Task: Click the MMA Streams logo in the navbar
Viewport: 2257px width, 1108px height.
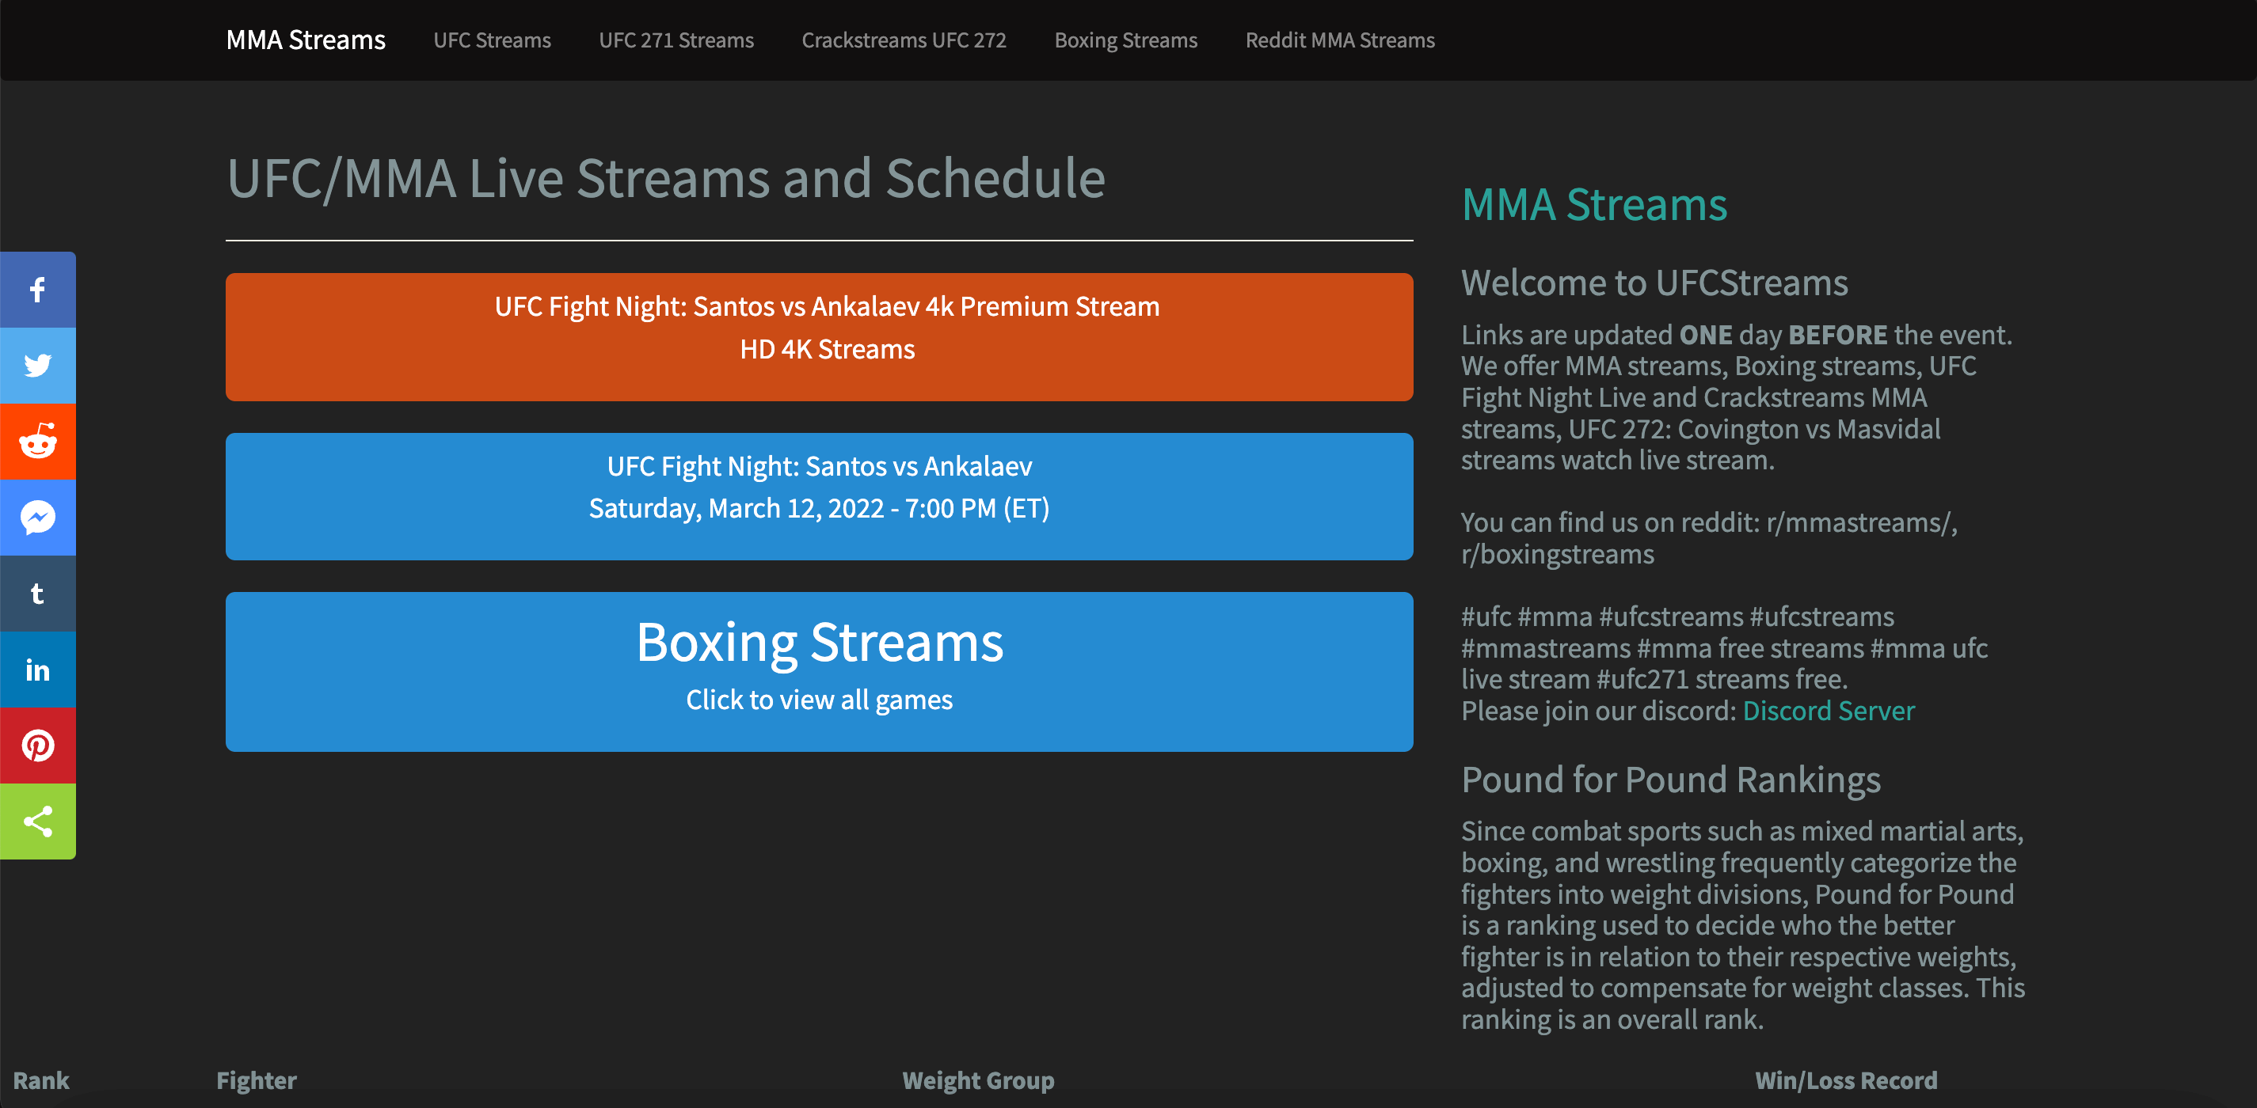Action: [305, 40]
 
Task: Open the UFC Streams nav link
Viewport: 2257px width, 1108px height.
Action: [492, 40]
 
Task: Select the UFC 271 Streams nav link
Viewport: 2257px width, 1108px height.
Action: [676, 40]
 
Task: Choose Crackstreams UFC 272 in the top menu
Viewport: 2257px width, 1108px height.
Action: [904, 40]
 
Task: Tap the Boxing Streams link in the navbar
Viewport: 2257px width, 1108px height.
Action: [1125, 40]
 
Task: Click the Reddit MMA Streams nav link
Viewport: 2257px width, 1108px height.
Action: [1340, 40]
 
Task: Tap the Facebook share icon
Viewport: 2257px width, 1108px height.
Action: [38, 290]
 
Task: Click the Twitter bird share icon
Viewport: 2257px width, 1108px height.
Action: [38, 366]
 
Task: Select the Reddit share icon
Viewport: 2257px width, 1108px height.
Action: [38, 442]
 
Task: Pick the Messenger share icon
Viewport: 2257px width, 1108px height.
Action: [38, 518]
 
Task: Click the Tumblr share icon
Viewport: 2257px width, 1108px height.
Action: [38, 594]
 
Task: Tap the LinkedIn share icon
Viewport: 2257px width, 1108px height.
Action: [38, 670]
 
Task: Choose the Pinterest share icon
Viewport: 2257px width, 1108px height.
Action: [38, 746]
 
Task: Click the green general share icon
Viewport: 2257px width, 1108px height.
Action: [38, 822]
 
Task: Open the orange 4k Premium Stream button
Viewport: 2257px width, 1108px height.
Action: [818, 336]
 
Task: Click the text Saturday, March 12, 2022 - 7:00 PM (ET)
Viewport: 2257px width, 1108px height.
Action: [818, 508]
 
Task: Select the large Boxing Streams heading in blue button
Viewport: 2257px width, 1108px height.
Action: [818, 642]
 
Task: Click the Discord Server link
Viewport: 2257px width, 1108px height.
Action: [1828, 711]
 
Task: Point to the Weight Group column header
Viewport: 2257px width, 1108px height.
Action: [978, 1080]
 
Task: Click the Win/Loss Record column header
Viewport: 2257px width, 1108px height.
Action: [1845, 1080]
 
